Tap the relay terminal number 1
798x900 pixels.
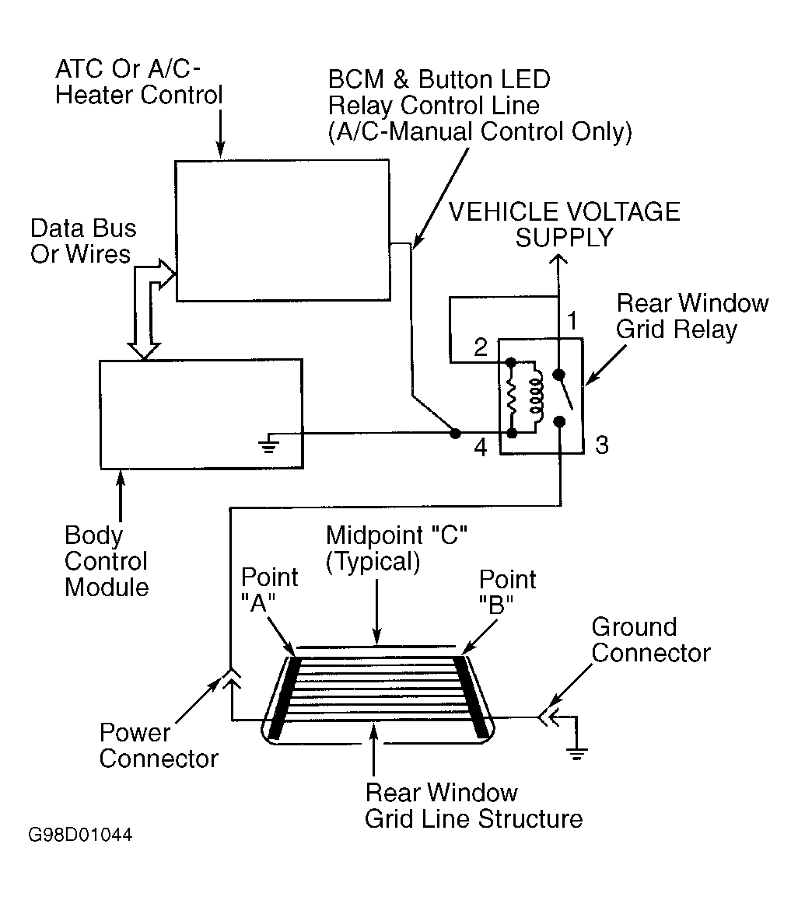572,321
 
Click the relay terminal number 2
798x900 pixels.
481,347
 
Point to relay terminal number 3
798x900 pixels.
601,445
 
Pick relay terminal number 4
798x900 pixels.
481,448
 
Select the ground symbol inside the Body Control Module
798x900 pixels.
268,443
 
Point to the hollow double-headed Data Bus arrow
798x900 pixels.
151,310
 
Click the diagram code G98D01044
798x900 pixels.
80,835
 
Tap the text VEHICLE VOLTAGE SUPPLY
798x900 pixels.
564,225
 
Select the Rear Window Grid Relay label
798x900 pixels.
692,316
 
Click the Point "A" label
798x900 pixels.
269,589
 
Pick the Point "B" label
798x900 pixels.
507,591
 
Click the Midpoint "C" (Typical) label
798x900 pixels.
397,548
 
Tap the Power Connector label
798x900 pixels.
159,745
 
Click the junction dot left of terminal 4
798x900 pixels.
455,434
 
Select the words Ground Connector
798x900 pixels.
651,640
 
